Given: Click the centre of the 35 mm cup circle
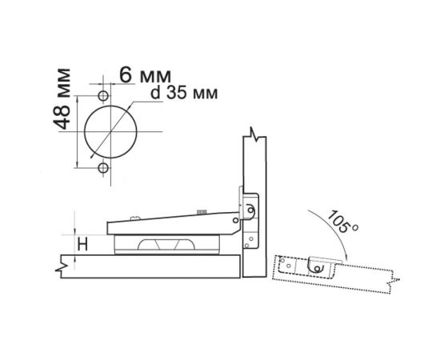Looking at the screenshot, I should pyautogui.click(x=109, y=131).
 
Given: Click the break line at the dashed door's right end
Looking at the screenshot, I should pyautogui.click(x=390, y=282).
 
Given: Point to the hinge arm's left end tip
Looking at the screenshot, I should pyautogui.click(x=106, y=228).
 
